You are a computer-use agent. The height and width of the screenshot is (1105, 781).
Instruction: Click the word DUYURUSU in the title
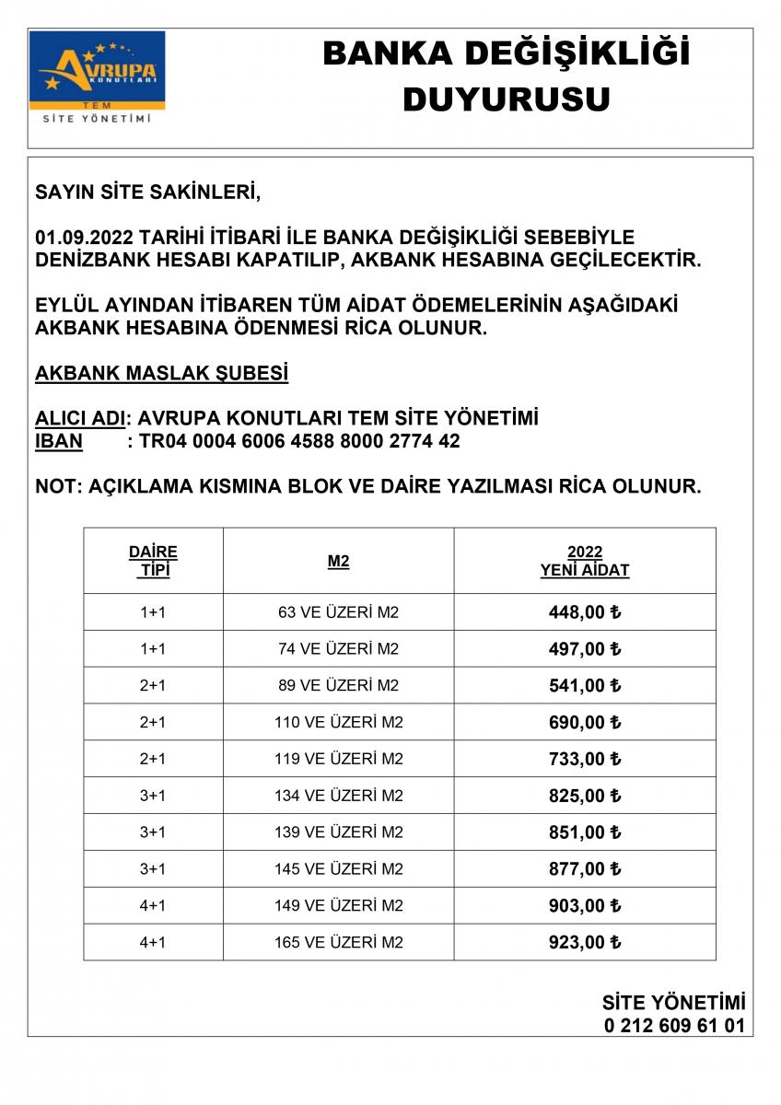(506, 99)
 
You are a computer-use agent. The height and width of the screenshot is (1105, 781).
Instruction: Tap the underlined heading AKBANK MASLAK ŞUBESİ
(161, 374)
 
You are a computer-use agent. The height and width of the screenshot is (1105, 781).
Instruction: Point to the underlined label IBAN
(58, 441)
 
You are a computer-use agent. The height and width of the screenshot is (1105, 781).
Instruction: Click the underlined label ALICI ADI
(79, 418)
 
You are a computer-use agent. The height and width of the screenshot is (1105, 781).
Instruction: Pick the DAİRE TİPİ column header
(153, 560)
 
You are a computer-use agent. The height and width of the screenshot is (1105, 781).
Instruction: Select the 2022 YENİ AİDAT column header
(584, 561)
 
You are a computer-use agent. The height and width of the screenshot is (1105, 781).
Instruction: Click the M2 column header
(338, 561)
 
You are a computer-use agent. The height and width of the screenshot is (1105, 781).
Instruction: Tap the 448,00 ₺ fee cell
(584, 612)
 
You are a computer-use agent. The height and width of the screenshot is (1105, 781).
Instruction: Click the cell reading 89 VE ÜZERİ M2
(338, 685)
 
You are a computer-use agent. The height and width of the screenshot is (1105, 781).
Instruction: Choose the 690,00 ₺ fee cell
(584, 722)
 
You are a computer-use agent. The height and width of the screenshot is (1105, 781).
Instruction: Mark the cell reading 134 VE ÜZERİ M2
(338, 796)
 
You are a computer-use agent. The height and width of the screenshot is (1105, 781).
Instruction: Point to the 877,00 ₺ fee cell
(584, 869)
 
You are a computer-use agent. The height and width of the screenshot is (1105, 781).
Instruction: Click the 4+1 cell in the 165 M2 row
(153, 942)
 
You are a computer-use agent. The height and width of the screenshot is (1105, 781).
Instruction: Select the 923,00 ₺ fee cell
(584, 942)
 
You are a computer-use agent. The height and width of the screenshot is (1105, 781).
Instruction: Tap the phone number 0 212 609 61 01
(674, 1026)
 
